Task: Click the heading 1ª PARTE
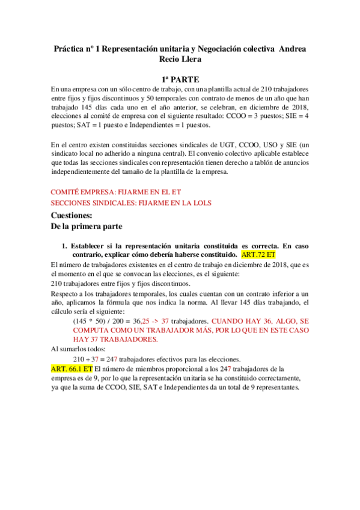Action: tap(180, 79)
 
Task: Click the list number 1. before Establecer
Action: tap(66, 246)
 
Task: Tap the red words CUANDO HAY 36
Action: tap(237, 321)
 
